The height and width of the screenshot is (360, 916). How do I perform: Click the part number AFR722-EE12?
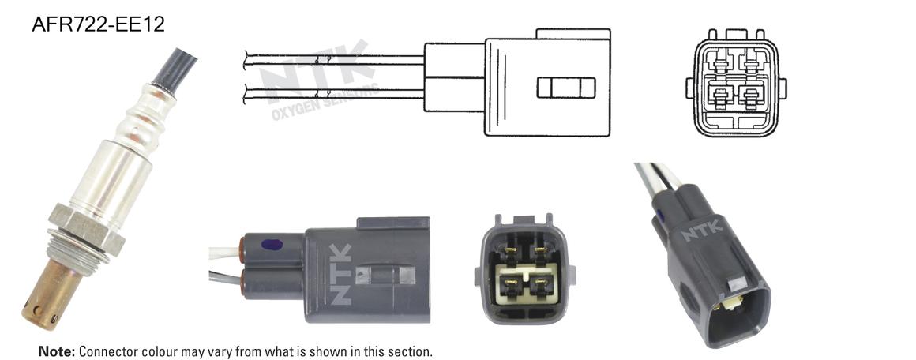coord(98,24)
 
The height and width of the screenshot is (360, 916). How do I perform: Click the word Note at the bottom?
coord(57,351)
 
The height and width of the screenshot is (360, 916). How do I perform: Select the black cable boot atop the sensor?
coord(174,69)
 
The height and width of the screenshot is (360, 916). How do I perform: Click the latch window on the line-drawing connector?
coord(566,88)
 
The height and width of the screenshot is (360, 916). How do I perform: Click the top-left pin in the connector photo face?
coord(509,253)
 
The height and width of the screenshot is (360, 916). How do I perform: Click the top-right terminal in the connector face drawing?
coord(752,60)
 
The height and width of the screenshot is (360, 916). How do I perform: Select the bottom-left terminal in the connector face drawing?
coord(719,96)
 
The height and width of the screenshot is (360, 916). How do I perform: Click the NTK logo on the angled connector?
coord(703,231)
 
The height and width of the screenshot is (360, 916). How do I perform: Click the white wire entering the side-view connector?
coord(224,253)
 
